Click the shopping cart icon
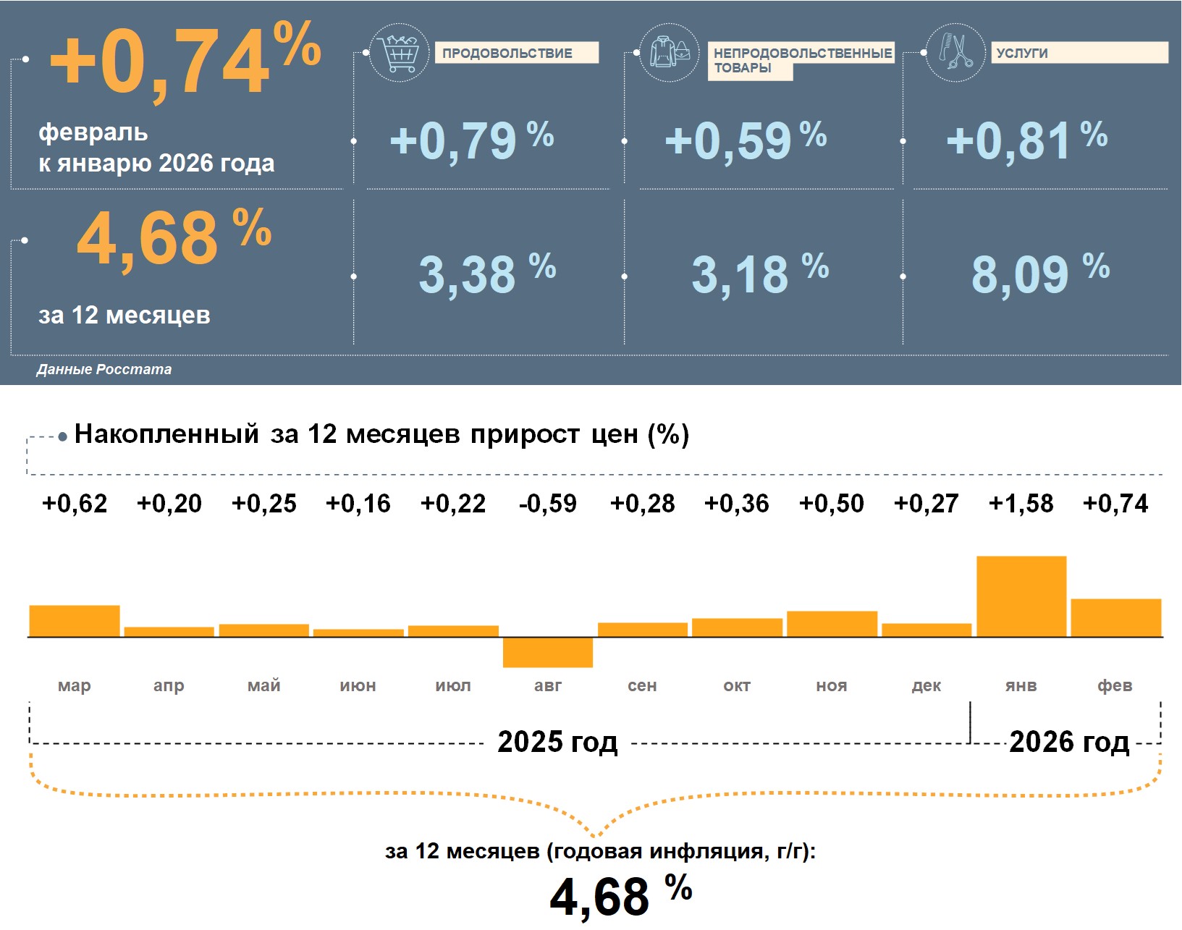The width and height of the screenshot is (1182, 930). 398,53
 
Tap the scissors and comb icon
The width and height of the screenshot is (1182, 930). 955,52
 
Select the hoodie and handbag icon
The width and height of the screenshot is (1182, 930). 670,53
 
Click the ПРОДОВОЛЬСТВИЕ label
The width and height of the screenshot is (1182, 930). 516,53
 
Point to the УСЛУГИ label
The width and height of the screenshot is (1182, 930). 1078,53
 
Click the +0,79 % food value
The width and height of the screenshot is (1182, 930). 471,140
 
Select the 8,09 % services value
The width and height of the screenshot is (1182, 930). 1039,274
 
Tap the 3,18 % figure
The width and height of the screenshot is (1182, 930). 759,274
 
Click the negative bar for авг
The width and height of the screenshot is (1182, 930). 548,652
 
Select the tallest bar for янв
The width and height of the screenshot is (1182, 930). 1021,596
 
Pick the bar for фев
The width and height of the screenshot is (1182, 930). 1115,618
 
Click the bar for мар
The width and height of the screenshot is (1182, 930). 75,621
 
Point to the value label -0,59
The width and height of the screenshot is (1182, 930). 548,504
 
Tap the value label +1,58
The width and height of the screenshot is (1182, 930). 1021,504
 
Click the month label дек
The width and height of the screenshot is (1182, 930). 926,685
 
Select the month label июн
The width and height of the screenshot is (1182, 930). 358,685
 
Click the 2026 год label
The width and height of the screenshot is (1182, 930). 1069,742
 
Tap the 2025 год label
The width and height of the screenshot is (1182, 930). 557,742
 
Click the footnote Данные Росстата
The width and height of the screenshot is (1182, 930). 104,369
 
